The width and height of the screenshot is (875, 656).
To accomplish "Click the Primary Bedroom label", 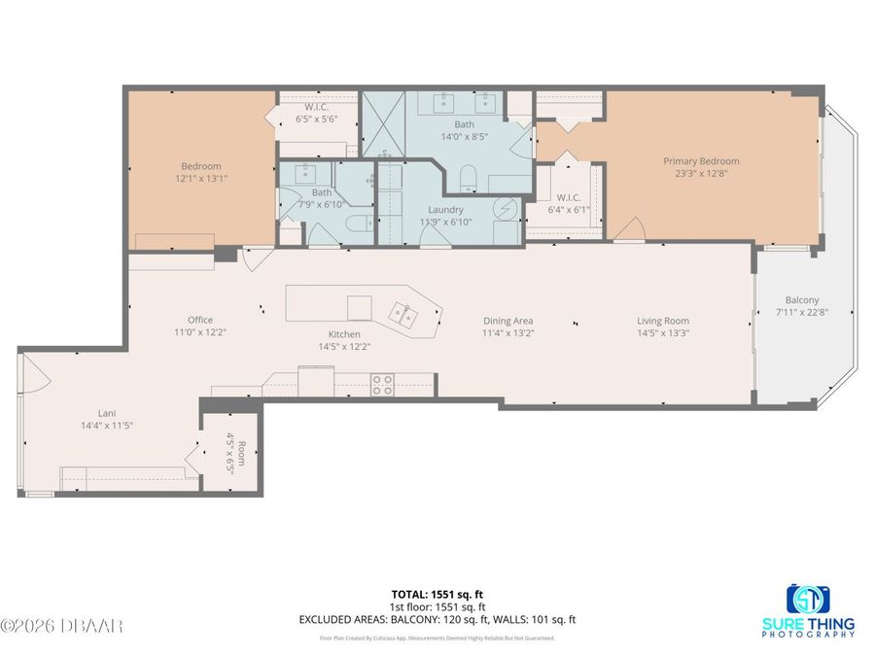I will pyautogui.click(x=701, y=161).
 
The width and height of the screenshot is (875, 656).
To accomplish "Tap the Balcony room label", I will pyautogui.click(x=802, y=300).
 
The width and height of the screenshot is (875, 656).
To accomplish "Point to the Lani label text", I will pyautogui.click(x=106, y=413).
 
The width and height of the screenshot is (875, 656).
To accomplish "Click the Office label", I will pyautogui.click(x=200, y=320).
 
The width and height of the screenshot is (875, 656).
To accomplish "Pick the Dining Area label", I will pyautogui.click(x=508, y=321).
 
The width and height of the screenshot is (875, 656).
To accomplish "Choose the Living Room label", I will pyautogui.click(x=663, y=321).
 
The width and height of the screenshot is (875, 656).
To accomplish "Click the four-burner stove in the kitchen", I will pyautogui.click(x=382, y=385).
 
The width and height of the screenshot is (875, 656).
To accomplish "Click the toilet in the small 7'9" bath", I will pyautogui.click(x=353, y=224).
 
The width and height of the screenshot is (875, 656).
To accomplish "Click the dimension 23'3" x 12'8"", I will pyautogui.click(x=701, y=174).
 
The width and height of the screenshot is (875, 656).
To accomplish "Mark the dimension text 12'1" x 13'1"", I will pyautogui.click(x=200, y=179).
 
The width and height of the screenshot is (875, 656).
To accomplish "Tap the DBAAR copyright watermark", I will pyautogui.click(x=62, y=626).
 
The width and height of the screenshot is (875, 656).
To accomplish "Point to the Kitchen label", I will pyautogui.click(x=344, y=333).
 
